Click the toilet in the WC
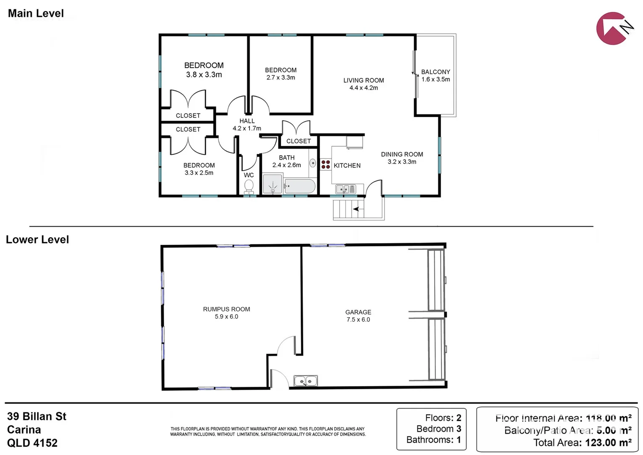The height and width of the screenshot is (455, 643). click(x=249, y=186)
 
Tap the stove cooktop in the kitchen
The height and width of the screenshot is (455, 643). click(x=326, y=164)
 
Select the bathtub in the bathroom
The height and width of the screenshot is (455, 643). click(x=300, y=186)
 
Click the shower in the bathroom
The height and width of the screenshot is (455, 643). click(x=272, y=185)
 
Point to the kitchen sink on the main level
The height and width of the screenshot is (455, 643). click(x=345, y=189)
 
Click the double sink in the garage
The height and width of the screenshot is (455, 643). click(x=306, y=381)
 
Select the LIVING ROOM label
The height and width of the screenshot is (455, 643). click(x=364, y=80)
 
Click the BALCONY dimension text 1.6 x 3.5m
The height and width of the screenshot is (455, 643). click(x=436, y=79)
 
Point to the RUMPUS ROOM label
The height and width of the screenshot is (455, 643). click(x=226, y=309)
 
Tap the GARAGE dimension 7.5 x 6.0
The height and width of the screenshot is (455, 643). click(x=358, y=320)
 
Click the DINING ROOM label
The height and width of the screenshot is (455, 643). click(x=402, y=155)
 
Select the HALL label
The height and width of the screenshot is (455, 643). click(x=247, y=121)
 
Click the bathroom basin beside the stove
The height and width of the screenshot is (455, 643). click(x=313, y=163)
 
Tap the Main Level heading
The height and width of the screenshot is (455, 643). click(x=36, y=13)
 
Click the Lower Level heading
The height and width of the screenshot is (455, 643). click(x=37, y=240)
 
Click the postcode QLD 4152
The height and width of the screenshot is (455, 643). click(x=32, y=443)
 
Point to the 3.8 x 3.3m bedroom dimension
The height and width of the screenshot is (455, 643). click(x=204, y=75)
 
